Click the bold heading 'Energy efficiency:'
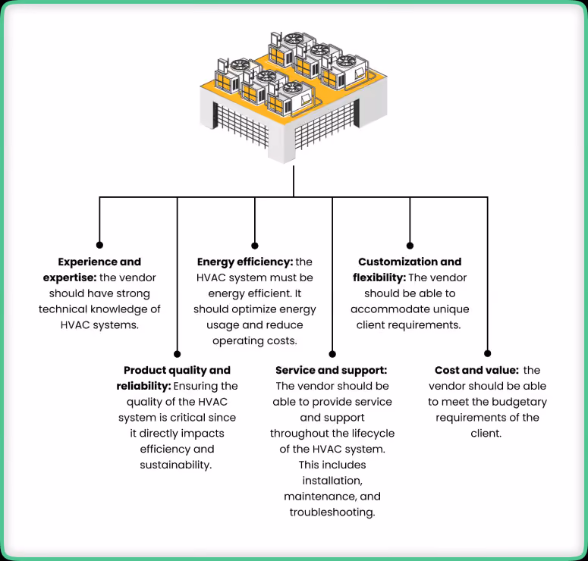point(245,262)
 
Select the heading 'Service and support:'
point(331,370)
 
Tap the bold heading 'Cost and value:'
point(476,370)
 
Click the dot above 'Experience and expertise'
point(99,245)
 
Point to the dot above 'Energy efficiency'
point(255,246)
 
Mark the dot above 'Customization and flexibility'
point(410,246)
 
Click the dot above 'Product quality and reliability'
point(178,354)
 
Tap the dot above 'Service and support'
point(332,354)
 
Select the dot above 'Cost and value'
point(488,353)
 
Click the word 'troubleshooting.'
point(332,512)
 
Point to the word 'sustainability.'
point(176,465)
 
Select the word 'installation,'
point(332,481)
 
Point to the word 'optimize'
point(248,309)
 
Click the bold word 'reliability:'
point(143,387)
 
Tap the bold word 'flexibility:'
point(379,277)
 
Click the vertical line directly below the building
point(294,181)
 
